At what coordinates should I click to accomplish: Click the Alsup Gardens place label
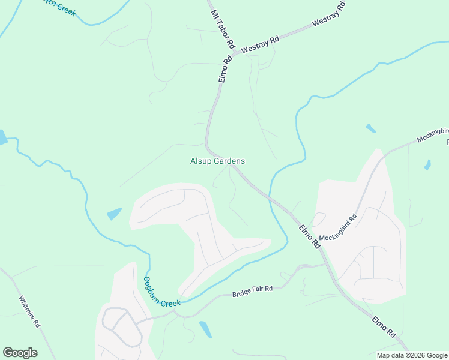(217, 161)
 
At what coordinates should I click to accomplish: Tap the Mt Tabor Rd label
(221, 29)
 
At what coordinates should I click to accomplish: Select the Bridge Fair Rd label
(252, 292)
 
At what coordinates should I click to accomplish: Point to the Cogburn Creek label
(161, 292)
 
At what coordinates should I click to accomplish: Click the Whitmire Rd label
(29, 311)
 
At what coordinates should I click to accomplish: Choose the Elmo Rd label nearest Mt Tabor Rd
(225, 69)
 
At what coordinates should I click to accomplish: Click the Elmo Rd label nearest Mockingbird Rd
(310, 236)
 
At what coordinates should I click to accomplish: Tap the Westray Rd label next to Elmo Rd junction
(261, 45)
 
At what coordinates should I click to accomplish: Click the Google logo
(20, 353)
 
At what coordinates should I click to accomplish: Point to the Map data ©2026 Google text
(412, 355)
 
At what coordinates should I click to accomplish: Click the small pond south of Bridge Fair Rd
(205, 329)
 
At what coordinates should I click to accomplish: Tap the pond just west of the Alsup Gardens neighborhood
(114, 214)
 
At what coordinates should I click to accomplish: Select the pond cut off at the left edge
(2, 137)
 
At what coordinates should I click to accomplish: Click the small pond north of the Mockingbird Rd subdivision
(371, 128)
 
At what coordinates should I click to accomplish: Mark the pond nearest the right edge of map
(427, 164)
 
